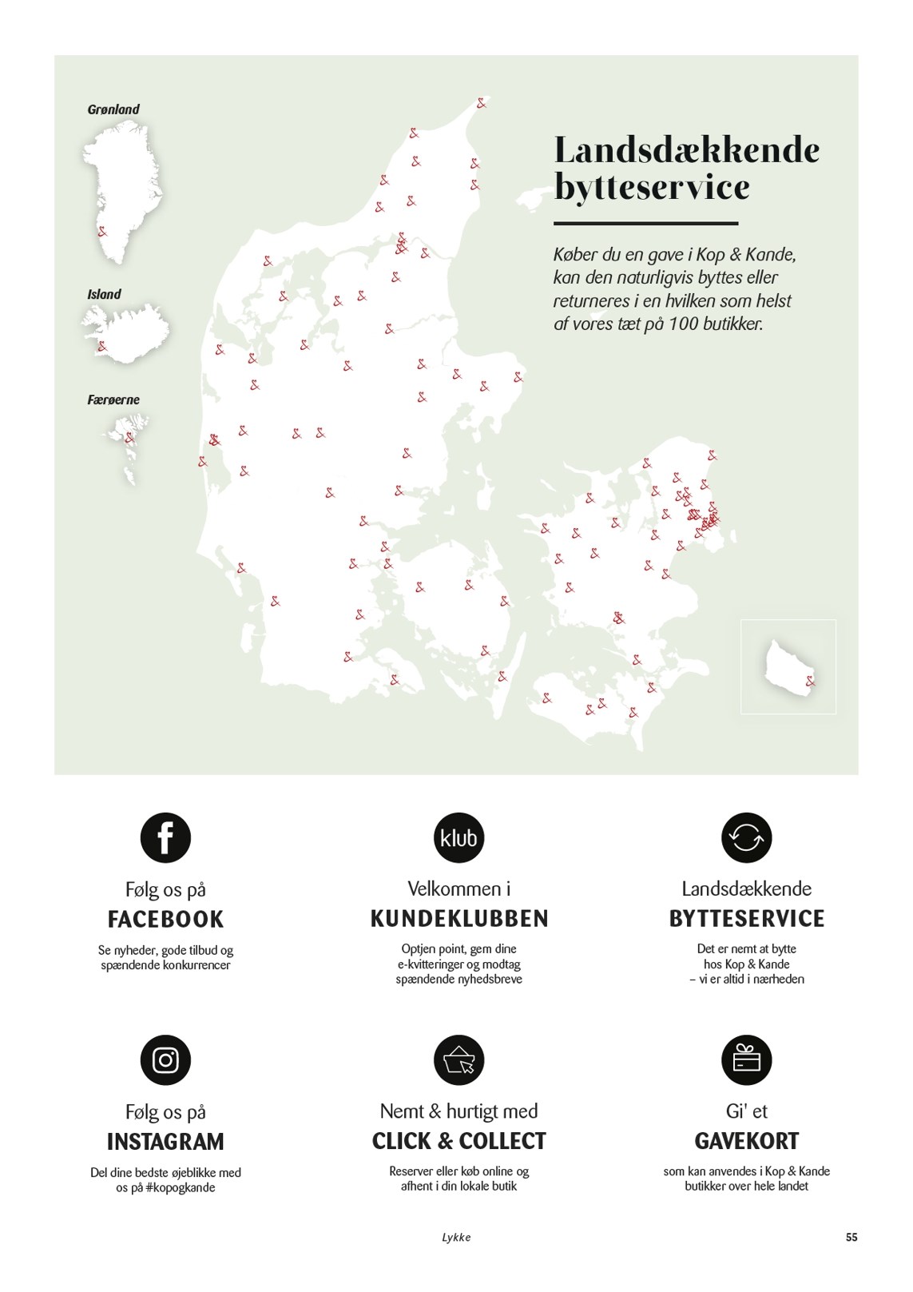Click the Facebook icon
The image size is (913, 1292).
[165, 837]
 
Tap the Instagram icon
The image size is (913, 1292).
[165, 1059]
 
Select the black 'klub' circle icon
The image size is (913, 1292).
[458, 837]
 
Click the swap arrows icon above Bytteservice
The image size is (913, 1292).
[746, 837]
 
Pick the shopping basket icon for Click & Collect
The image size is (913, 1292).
[458, 1059]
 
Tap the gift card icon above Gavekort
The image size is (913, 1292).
[746, 1059]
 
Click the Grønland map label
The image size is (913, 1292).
[113, 109]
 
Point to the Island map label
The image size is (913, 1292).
[104, 294]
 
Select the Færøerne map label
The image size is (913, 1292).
[113, 400]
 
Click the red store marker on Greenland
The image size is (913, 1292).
[102, 232]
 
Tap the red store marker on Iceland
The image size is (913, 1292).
[102, 346]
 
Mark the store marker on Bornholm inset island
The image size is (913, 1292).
[811, 682]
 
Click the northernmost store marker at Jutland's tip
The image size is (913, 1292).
[482, 103]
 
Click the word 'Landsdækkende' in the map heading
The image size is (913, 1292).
[686, 150]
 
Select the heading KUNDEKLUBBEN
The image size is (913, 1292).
[458, 919]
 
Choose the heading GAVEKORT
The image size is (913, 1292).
[746, 1141]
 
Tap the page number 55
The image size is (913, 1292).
[851, 1237]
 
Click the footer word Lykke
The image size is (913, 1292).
[456, 1237]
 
